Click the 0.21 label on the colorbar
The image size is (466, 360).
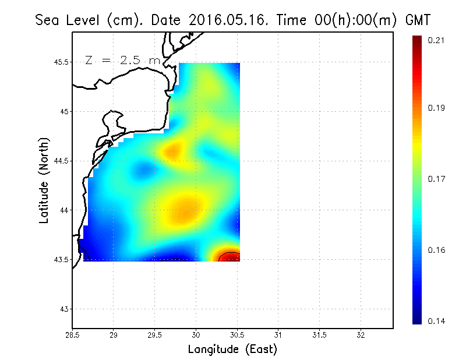pyautogui.click(x=437, y=40)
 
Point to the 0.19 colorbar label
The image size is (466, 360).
pyautogui.click(x=437, y=108)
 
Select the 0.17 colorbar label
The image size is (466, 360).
pyautogui.click(x=437, y=179)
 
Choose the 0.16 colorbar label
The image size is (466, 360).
pyautogui.click(x=437, y=250)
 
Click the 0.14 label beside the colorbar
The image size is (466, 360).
pyautogui.click(x=437, y=321)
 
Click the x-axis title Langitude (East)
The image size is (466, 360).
pyautogui.click(x=232, y=350)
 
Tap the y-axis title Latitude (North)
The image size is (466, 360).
pyautogui.click(x=44, y=180)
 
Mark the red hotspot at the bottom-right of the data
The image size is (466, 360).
pyautogui.click(x=229, y=257)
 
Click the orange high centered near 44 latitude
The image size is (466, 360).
pyautogui.click(x=183, y=211)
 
